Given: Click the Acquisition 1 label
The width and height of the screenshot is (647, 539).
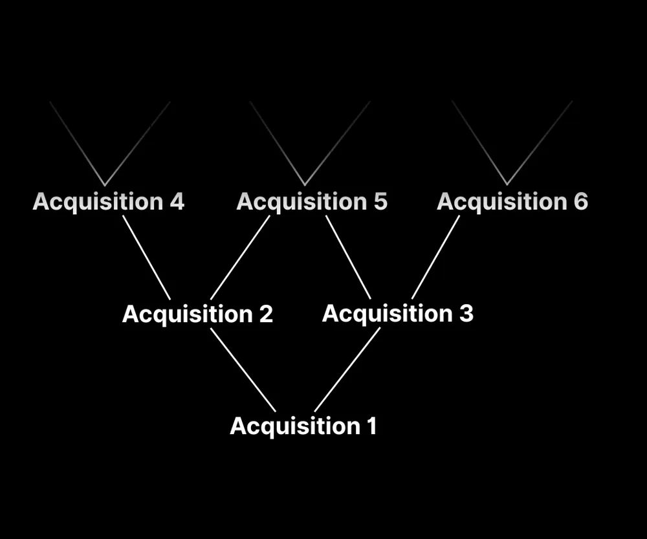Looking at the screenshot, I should pos(303,426).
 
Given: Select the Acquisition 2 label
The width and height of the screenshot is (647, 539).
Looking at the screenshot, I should pos(197,314).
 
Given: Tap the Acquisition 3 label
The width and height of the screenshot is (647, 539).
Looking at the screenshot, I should pos(397,314).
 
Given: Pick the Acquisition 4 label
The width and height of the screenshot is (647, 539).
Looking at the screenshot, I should pos(108,202).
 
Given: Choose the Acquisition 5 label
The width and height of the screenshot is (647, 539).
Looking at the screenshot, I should pos(312,202).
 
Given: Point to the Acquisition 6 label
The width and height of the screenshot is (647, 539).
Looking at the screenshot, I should pos(512,202).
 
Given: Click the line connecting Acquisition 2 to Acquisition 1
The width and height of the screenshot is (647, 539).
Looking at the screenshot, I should pos(243,369).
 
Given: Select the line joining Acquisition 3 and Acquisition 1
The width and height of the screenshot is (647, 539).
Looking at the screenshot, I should pos(347,369).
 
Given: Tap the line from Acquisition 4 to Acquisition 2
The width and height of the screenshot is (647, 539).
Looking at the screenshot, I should pos(147,258).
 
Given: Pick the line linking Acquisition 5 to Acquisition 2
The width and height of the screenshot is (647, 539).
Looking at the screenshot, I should pos(240,258).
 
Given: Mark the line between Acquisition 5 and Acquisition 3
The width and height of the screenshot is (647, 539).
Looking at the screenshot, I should pos(348,258).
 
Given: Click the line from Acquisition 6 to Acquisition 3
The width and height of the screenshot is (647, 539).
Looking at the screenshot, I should pos(435,258).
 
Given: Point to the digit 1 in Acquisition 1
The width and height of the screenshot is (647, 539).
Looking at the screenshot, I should pos(371,426).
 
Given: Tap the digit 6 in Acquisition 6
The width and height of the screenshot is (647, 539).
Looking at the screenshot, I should pos(580,202).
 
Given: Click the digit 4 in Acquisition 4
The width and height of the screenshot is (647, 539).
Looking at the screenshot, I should pos(177,202).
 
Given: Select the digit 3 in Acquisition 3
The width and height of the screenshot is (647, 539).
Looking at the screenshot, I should pos(466,314).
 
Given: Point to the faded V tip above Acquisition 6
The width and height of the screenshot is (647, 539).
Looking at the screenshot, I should pos(507,184).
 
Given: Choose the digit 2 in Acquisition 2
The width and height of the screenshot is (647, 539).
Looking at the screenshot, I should pos(266,314).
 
